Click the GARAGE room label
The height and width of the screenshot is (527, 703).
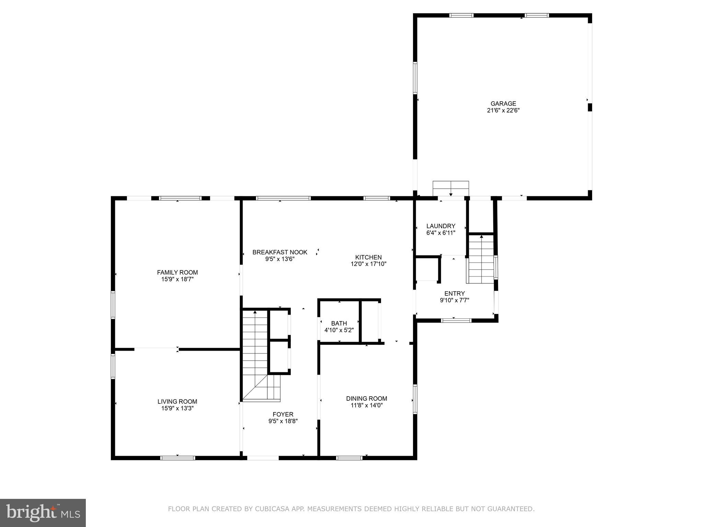pos(503,103)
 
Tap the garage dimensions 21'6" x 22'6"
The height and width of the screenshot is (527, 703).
pos(503,110)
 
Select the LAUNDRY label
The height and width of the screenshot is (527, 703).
pos(441,226)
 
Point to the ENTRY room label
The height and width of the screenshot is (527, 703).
pos(454,293)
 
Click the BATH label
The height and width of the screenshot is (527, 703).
pos(339,323)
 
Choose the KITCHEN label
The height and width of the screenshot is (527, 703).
pos(368,257)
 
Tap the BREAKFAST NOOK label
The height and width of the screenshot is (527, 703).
pos(280,252)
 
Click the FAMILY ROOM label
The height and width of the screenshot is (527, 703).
pos(177,272)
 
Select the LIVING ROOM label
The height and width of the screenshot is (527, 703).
pos(177,401)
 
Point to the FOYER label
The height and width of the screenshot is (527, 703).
pos(283,414)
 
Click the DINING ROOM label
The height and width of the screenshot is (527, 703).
pos(366,398)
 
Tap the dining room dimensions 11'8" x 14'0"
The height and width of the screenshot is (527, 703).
pos(366,406)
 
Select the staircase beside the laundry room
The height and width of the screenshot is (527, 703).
pos(481,259)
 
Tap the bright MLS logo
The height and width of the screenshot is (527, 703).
pos(43,513)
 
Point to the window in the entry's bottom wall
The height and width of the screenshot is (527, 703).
pos(456,320)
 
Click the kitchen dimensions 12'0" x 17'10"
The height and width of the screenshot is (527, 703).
pos(368,264)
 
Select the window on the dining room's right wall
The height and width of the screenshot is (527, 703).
pos(415,399)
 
